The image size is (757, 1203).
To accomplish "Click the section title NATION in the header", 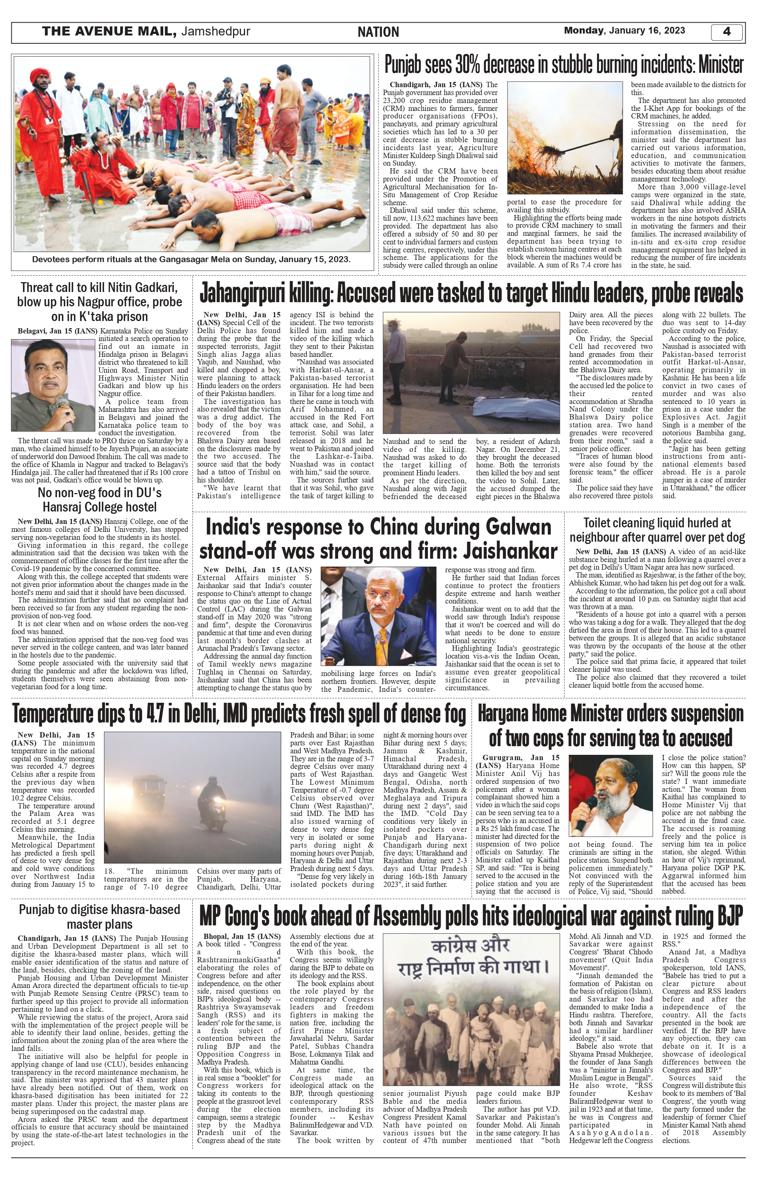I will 378,32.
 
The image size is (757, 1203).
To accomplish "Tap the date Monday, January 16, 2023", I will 624,31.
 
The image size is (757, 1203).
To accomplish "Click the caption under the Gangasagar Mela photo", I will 191,259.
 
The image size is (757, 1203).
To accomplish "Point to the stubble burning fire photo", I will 565,138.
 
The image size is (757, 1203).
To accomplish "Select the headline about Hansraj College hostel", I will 100,499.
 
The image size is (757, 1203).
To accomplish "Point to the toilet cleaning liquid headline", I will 657,530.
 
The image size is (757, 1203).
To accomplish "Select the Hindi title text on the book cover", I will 471,959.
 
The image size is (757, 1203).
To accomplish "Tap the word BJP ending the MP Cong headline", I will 729,916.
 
